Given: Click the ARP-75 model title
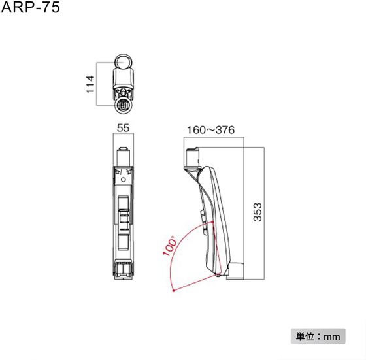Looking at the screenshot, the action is pos(30,7).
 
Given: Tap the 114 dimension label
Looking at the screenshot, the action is pos(90,84).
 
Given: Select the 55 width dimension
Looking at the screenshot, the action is pos(123,128).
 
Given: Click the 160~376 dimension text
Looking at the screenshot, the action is pos(210,130).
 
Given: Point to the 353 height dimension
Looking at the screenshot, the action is pos(258,212).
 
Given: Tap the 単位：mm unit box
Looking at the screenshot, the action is pos(318,336).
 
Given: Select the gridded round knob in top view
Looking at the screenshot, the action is pos(124,105).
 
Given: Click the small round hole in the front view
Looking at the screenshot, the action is pos(124,180).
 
